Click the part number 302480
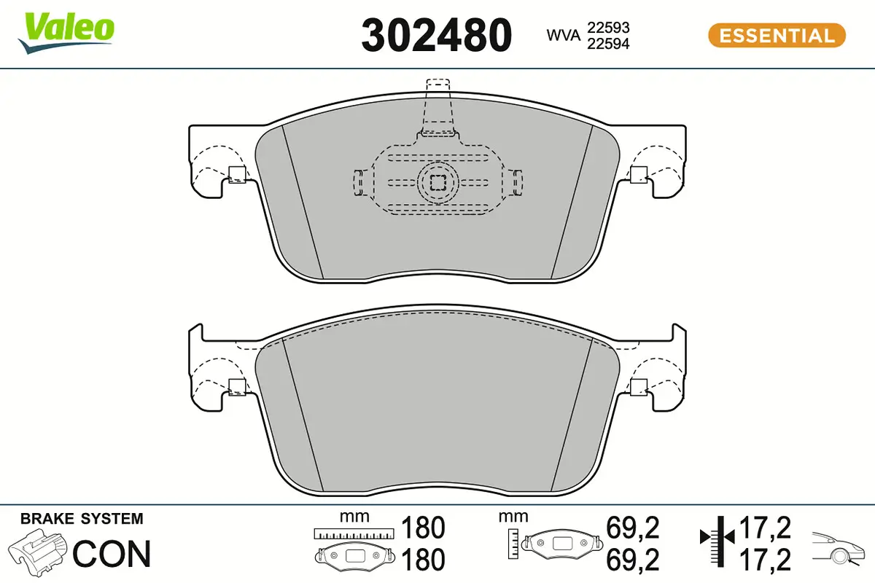coord(437,35)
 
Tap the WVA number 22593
coord(609,27)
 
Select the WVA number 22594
coord(609,44)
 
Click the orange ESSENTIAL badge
coord(777,35)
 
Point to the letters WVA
coord(563,35)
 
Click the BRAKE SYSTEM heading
coord(82,519)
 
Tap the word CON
coord(112,554)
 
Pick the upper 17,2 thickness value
coord(765,526)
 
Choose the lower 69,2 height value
coord(632,560)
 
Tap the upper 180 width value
coord(423,526)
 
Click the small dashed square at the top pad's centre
coord(437,181)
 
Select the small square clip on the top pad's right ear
coord(638,174)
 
